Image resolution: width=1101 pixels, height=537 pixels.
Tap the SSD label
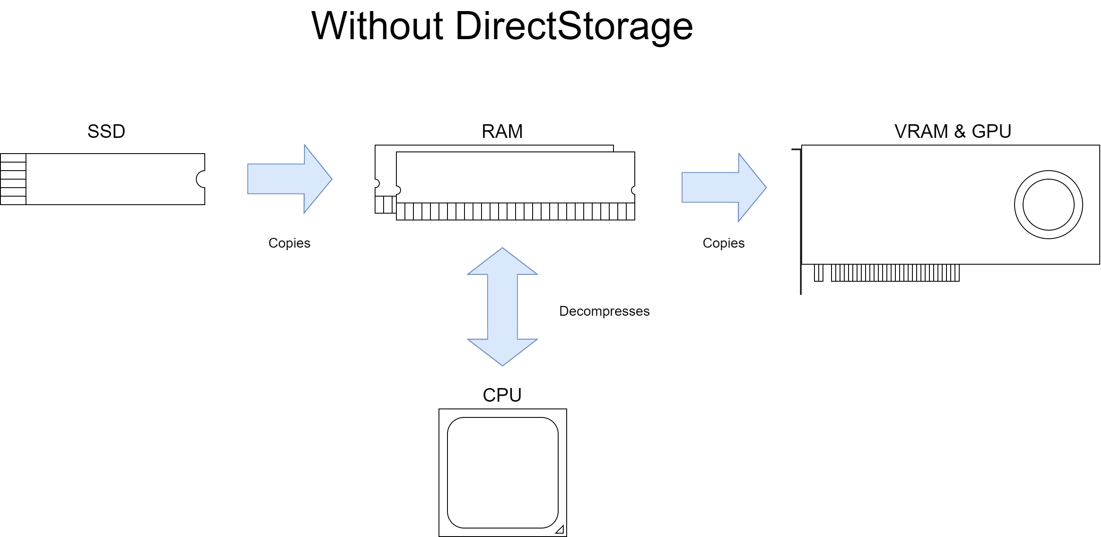[x=106, y=131]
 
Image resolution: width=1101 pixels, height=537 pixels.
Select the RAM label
[x=502, y=131]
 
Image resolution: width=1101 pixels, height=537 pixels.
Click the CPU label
[x=502, y=395]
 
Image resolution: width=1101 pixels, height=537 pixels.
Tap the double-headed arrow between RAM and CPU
[x=502, y=307]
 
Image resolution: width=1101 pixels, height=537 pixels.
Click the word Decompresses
[x=604, y=311]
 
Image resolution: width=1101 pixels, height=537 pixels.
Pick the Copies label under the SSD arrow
[x=289, y=243]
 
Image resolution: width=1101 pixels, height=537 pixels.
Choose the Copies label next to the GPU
[x=723, y=243]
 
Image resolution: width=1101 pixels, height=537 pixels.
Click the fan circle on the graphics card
[x=1048, y=205]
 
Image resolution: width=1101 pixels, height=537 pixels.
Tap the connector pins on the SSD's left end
[x=13, y=179]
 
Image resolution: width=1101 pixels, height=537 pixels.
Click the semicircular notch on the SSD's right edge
[x=201, y=179]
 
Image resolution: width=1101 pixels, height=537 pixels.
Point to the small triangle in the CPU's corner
[x=560, y=530]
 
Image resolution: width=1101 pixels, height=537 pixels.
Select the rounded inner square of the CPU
[x=502, y=472]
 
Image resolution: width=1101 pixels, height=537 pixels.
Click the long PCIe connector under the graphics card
[x=895, y=273]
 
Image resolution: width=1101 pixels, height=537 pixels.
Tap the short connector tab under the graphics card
[x=818, y=273]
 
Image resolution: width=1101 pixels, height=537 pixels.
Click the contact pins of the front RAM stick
[x=515, y=211]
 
